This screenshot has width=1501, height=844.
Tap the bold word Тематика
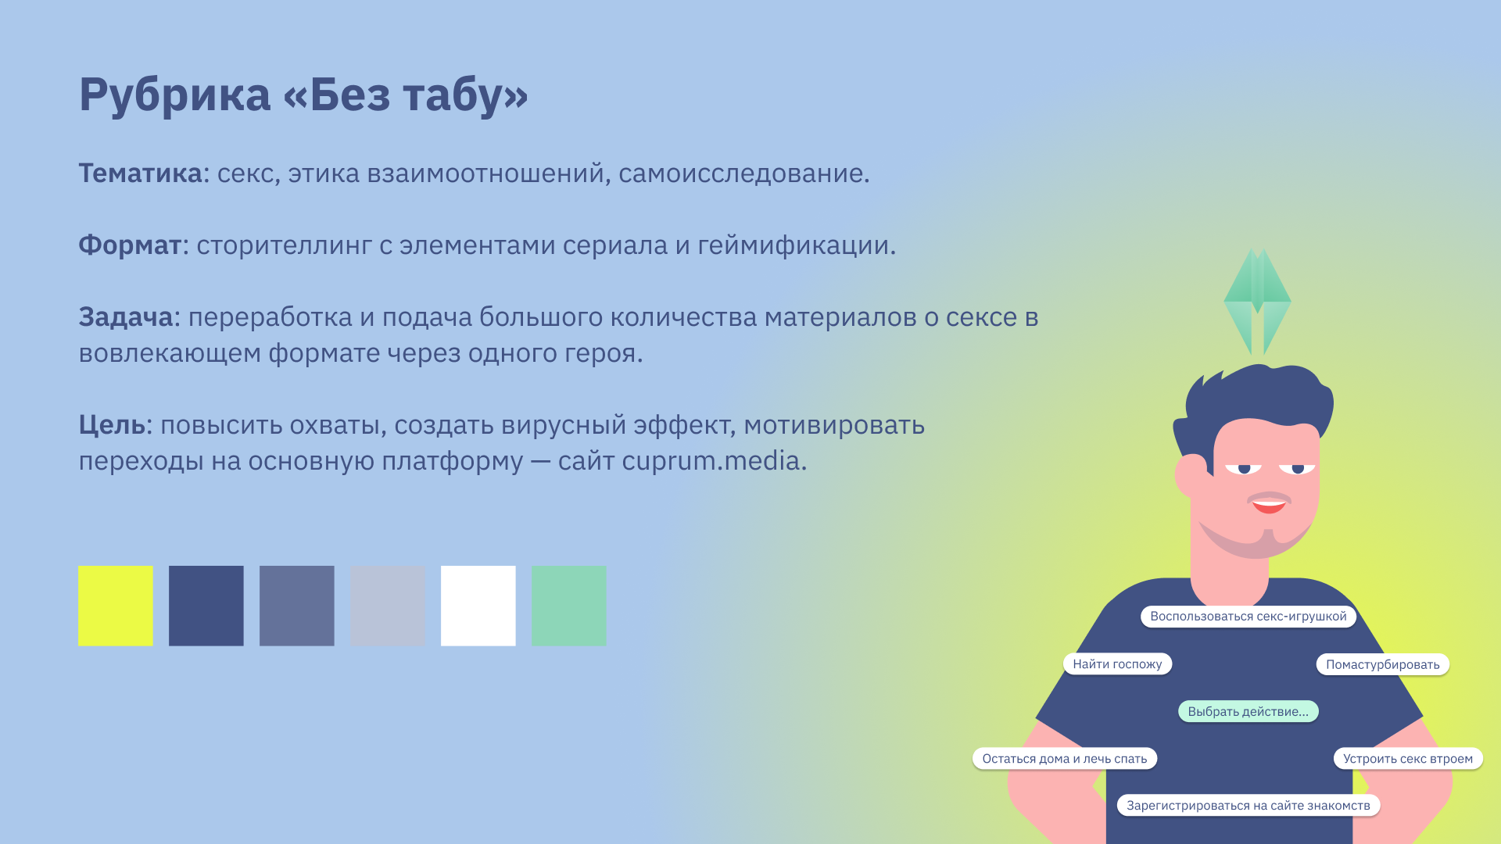140,173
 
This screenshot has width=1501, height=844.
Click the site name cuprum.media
711,461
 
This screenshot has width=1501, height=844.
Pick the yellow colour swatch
116,606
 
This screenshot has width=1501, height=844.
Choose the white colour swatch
478,606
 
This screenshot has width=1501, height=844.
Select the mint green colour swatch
569,606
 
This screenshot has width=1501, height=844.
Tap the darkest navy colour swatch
206,606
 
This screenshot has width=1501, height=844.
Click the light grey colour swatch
388,606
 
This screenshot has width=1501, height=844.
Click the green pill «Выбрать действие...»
1248,711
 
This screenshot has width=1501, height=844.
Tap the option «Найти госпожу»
1117,664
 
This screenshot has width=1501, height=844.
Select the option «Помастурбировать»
1383,664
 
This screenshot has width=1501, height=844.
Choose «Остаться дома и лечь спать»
1065,759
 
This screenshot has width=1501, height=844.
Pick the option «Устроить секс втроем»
1408,759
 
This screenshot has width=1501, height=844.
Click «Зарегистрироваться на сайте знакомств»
1248,806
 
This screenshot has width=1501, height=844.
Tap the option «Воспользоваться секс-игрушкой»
1248,617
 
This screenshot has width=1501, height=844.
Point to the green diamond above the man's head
1257,302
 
